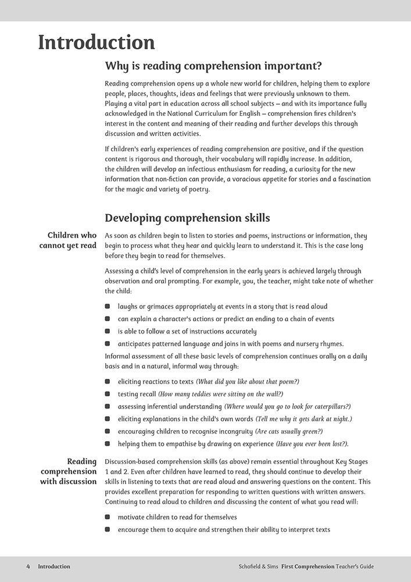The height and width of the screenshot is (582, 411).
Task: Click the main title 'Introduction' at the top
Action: pos(97,42)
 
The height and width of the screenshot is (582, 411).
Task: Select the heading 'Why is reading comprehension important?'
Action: pos(213,65)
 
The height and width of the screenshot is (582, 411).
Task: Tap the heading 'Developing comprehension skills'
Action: pos(187,218)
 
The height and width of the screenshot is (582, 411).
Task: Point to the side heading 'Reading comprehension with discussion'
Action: pos(69,471)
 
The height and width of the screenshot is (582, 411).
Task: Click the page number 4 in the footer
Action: pos(28,566)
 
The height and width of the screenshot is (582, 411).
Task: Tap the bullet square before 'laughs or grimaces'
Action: pos(108,306)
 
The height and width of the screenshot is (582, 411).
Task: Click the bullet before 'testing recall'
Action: pos(108,394)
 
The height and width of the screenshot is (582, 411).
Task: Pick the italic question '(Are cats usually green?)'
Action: pos(289,431)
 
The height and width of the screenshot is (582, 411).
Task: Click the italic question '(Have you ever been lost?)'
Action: pos(312,443)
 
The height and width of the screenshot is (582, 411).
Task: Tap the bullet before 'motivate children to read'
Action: pos(108,517)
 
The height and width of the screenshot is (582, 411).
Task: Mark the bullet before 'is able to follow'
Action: pos(108,331)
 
